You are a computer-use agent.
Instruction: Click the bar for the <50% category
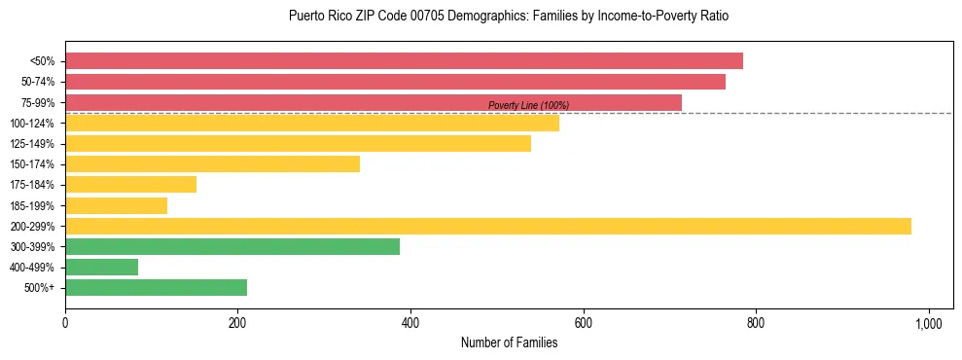pyautogui.click(x=404, y=61)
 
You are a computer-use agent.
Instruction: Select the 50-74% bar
pyautogui.click(x=395, y=82)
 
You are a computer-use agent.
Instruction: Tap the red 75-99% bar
pyautogui.click(x=374, y=102)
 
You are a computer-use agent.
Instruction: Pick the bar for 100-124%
pyautogui.click(x=312, y=123)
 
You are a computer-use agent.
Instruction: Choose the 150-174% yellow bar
pyautogui.click(x=212, y=164)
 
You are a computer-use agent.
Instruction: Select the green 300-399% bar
pyautogui.click(x=232, y=247)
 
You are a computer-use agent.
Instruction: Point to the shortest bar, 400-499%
pyautogui.click(x=101, y=268)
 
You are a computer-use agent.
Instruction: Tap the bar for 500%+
pyautogui.click(x=156, y=288)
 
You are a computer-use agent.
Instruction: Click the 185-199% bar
pyautogui.click(x=116, y=205)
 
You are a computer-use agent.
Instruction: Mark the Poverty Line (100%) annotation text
pyautogui.click(x=528, y=105)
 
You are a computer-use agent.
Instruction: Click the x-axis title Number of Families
pyautogui.click(x=510, y=342)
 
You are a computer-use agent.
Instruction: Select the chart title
pyautogui.click(x=509, y=17)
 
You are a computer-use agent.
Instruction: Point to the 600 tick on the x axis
pyautogui.click(x=583, y=322)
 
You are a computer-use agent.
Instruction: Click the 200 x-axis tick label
pyautogui.click(x=237, y=322)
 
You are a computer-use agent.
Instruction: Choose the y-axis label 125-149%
pyautogui.click(x=32, y=144)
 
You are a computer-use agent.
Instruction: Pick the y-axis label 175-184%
pyautogui.click(x=32, y=185)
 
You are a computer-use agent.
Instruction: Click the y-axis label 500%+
pyautogui.click(x=38, y=288)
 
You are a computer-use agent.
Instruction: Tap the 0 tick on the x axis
pyautogui.click(x=65, y=322)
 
